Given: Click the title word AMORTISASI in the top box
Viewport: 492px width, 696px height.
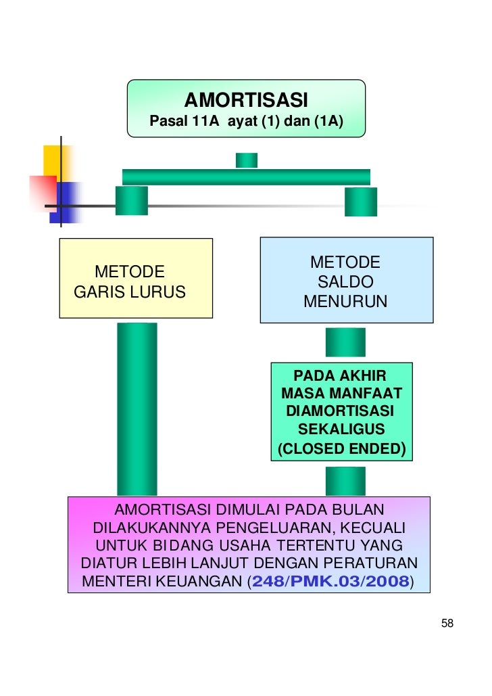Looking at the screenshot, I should tap(246, 101).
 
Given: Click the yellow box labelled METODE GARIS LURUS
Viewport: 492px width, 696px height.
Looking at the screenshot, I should tap(136, 278).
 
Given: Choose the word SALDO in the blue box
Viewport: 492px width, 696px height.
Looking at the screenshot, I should tap(345, 282).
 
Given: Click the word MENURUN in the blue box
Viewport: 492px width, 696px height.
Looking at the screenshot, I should tap(345, 302).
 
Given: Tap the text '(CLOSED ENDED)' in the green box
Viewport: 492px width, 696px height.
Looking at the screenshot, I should tap(341, 448).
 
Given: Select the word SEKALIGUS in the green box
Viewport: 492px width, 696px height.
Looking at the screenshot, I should tap(341, 430).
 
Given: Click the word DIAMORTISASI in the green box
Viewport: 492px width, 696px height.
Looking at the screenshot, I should tap(341, 411).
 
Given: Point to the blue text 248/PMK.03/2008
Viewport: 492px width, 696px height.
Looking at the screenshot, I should tap(330, 581).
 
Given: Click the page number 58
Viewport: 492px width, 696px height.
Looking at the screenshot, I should tap(447, 624).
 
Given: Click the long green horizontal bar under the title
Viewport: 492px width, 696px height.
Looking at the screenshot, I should tap(246, 177).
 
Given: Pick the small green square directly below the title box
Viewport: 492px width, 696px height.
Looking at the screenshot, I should tap(246, 160).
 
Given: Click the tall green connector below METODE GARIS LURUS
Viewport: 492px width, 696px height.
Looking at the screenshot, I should tap(137, 409).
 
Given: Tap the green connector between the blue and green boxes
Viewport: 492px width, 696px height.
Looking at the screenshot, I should tap(345, 342).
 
